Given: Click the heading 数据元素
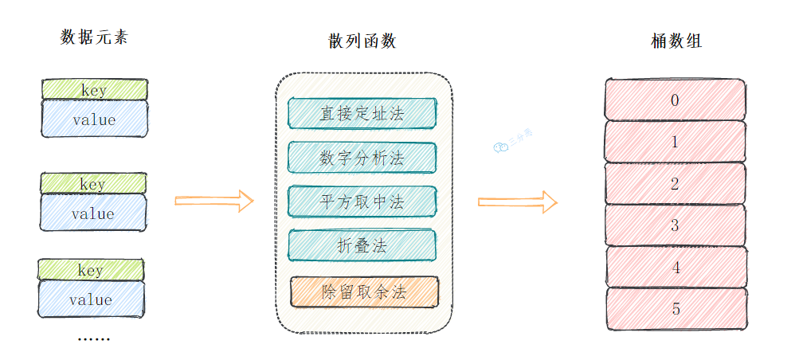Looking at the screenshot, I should coord(94,37).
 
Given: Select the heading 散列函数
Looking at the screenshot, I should coord(362,41).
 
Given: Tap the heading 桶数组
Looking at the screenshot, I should coord(676,41).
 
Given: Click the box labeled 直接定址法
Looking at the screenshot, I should coord(362,113).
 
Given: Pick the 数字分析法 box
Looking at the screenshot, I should coord(362,158).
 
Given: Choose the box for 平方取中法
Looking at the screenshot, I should coord(362,202).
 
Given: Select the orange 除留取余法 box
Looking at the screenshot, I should coord(364,292).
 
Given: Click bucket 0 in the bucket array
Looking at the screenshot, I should coord(675,100).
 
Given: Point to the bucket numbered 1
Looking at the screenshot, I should coord(675,142).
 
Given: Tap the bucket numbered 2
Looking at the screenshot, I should coord(675,184).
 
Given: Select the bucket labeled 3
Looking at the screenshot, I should coord(675,225).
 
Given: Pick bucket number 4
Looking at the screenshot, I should coord(675,267).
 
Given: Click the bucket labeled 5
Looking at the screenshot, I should coord(675,309).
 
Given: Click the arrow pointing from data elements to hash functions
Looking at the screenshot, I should coord(213,201).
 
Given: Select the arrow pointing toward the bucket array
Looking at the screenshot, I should coord(517,202).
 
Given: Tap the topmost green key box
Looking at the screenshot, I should coord(94,89).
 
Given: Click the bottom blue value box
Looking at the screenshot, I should coord(91,300).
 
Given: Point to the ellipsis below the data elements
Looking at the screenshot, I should coord(93,338).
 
